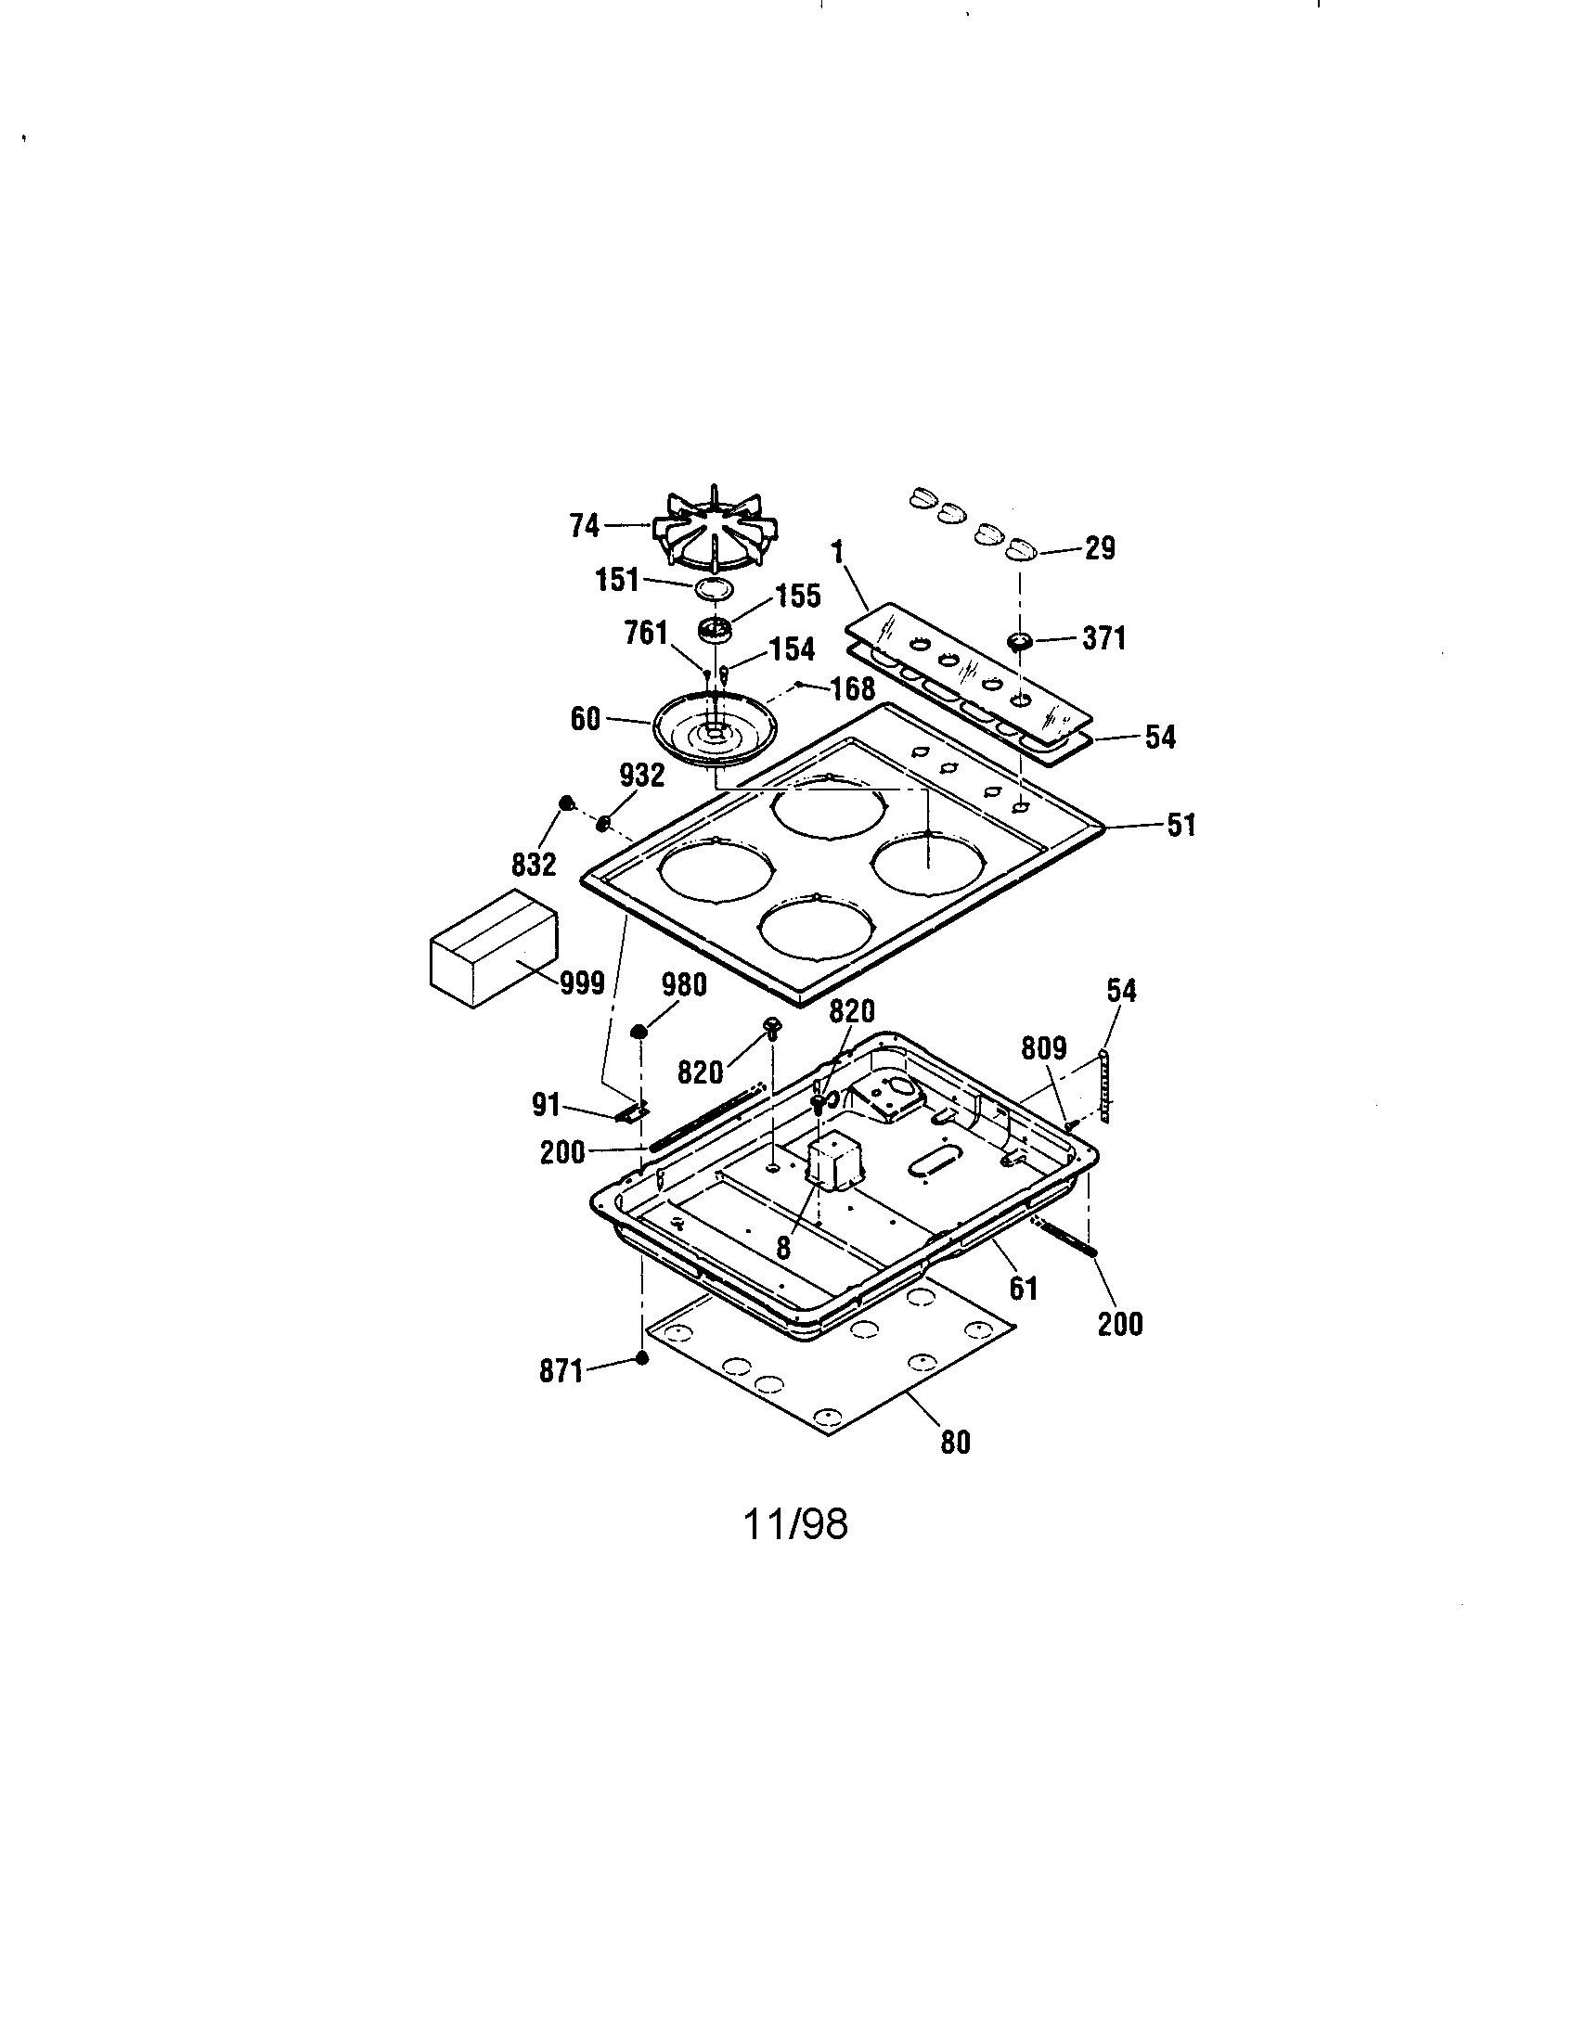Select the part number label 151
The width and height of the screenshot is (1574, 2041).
[617, 581]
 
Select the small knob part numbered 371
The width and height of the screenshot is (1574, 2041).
[1019, 641]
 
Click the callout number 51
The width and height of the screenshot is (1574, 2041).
[1180, 825]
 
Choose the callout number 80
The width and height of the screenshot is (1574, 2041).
[954, 1442]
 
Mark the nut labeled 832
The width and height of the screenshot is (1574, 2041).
[565, 802]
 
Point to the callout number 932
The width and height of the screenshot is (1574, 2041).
[641, 775]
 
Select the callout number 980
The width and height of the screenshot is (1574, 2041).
[683, 985]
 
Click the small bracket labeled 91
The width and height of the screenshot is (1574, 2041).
[635, 1113]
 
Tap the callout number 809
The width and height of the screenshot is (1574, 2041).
[1042, 1048]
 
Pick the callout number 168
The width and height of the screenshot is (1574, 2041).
[851, 688]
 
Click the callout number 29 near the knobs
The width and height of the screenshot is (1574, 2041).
[1099, 548]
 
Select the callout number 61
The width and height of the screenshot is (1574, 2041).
[1024, 1289]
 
